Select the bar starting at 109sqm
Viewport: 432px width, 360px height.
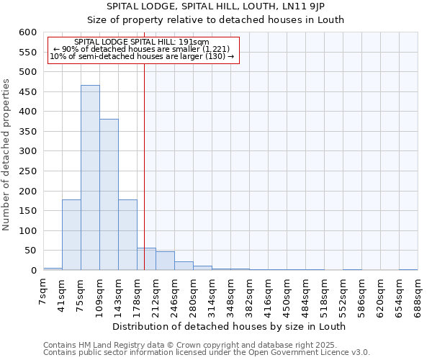coord(109,194)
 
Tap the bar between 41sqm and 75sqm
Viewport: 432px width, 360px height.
coord(71,235)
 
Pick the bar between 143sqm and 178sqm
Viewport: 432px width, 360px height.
coord(127,235)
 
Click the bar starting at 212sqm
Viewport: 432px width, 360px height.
coord(165,261)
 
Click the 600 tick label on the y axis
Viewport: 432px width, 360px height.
coord(27,32)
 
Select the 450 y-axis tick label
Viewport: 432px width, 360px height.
coord(27,92)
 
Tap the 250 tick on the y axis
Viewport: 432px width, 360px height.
coord(27,171)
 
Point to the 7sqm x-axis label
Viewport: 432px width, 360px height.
coord(43,293)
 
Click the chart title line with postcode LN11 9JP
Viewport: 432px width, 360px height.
coord(216,6)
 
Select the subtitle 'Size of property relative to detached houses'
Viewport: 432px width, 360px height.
coord(216,19)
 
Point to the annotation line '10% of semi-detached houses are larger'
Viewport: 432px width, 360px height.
coord(142,56)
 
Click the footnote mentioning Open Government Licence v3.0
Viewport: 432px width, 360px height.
coord(206,352)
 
